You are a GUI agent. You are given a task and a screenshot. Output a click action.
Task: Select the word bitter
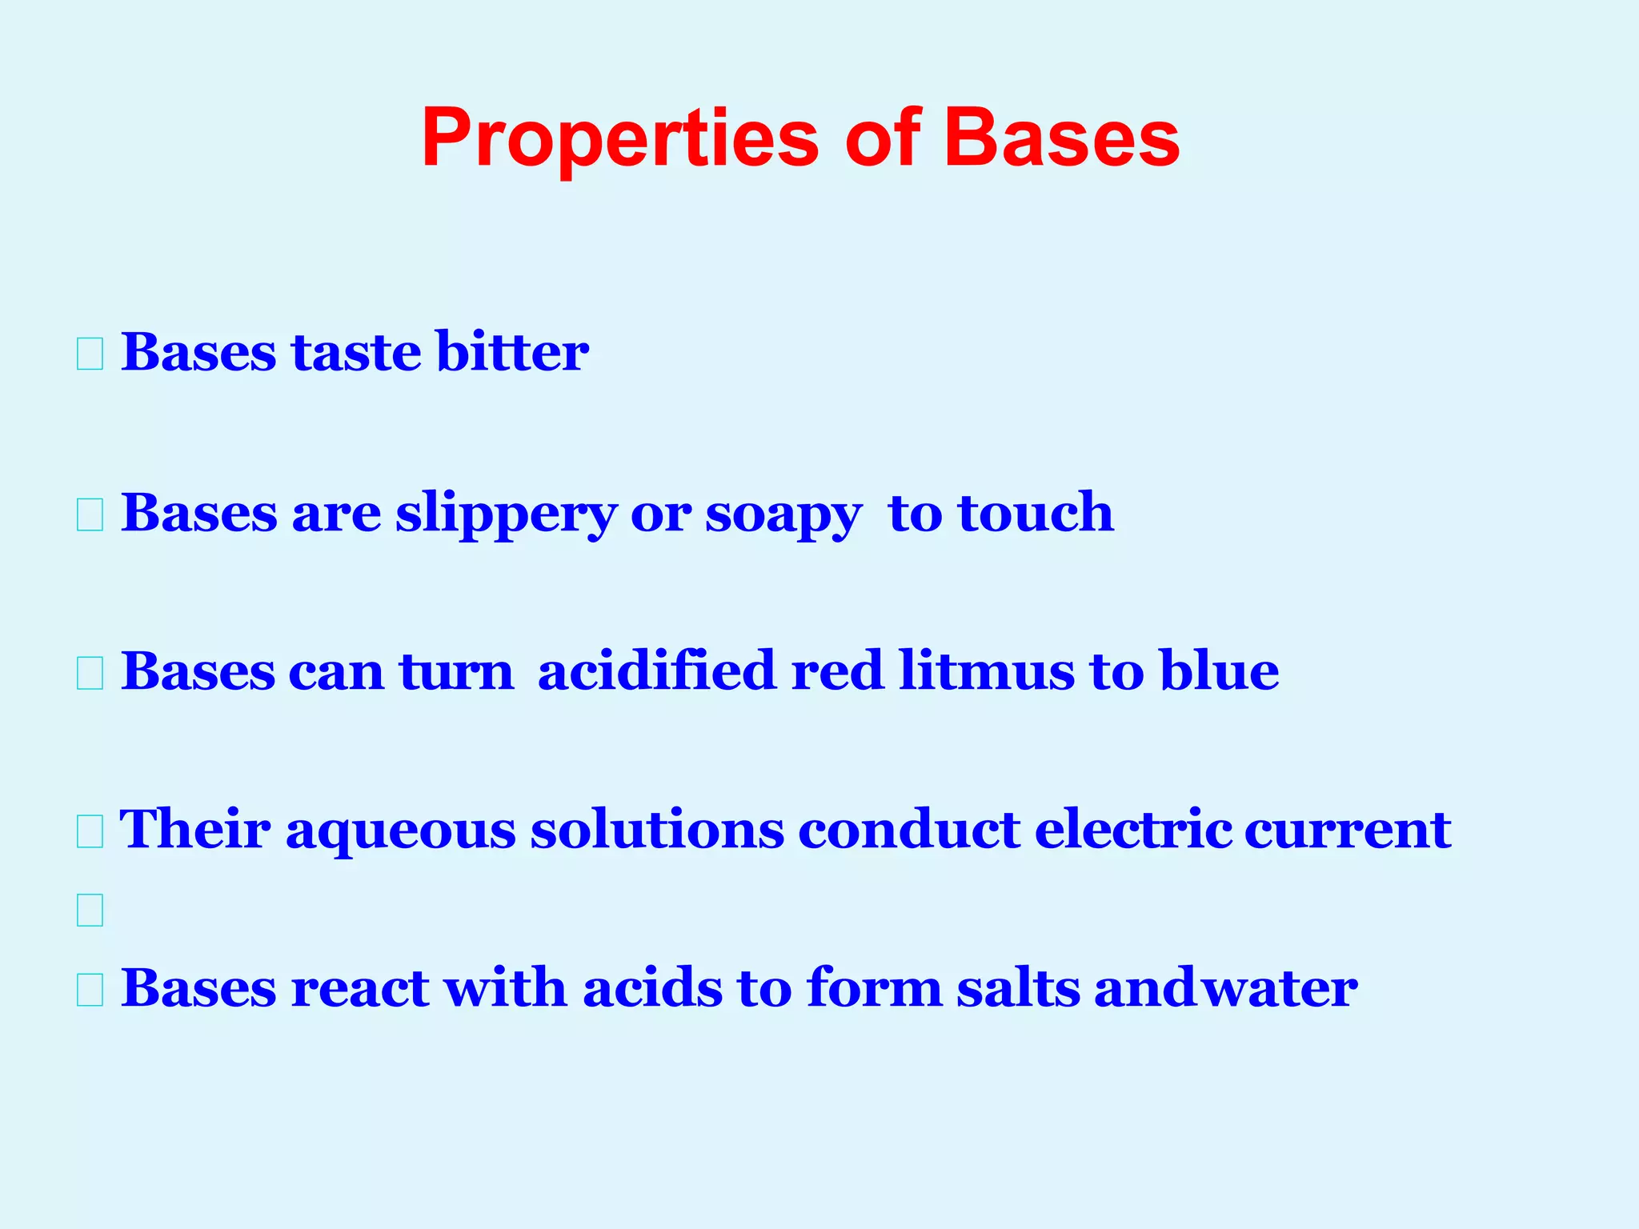pyautogui.click(x=512, y=352)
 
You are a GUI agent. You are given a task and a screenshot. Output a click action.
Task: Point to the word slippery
pyautogui.click(x=506, y=514)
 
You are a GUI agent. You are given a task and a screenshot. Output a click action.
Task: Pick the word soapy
pyautogui.click(x=783, y=514)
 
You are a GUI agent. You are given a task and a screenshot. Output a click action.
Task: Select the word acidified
pyautogui.click(x=656, y=671)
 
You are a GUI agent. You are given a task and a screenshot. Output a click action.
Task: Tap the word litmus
pyautogui.click(x=986, y=671)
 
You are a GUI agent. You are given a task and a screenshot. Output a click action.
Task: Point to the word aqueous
pyautogui.click(x=400, y=831)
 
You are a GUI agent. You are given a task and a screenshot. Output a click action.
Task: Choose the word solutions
pyautogui.click(x=656, y=829)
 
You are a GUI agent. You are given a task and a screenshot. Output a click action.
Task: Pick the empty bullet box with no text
pyautogui.click(x=90, y=911)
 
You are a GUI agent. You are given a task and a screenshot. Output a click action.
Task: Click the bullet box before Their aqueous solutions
pyautogui.click(x=90, y=832)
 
